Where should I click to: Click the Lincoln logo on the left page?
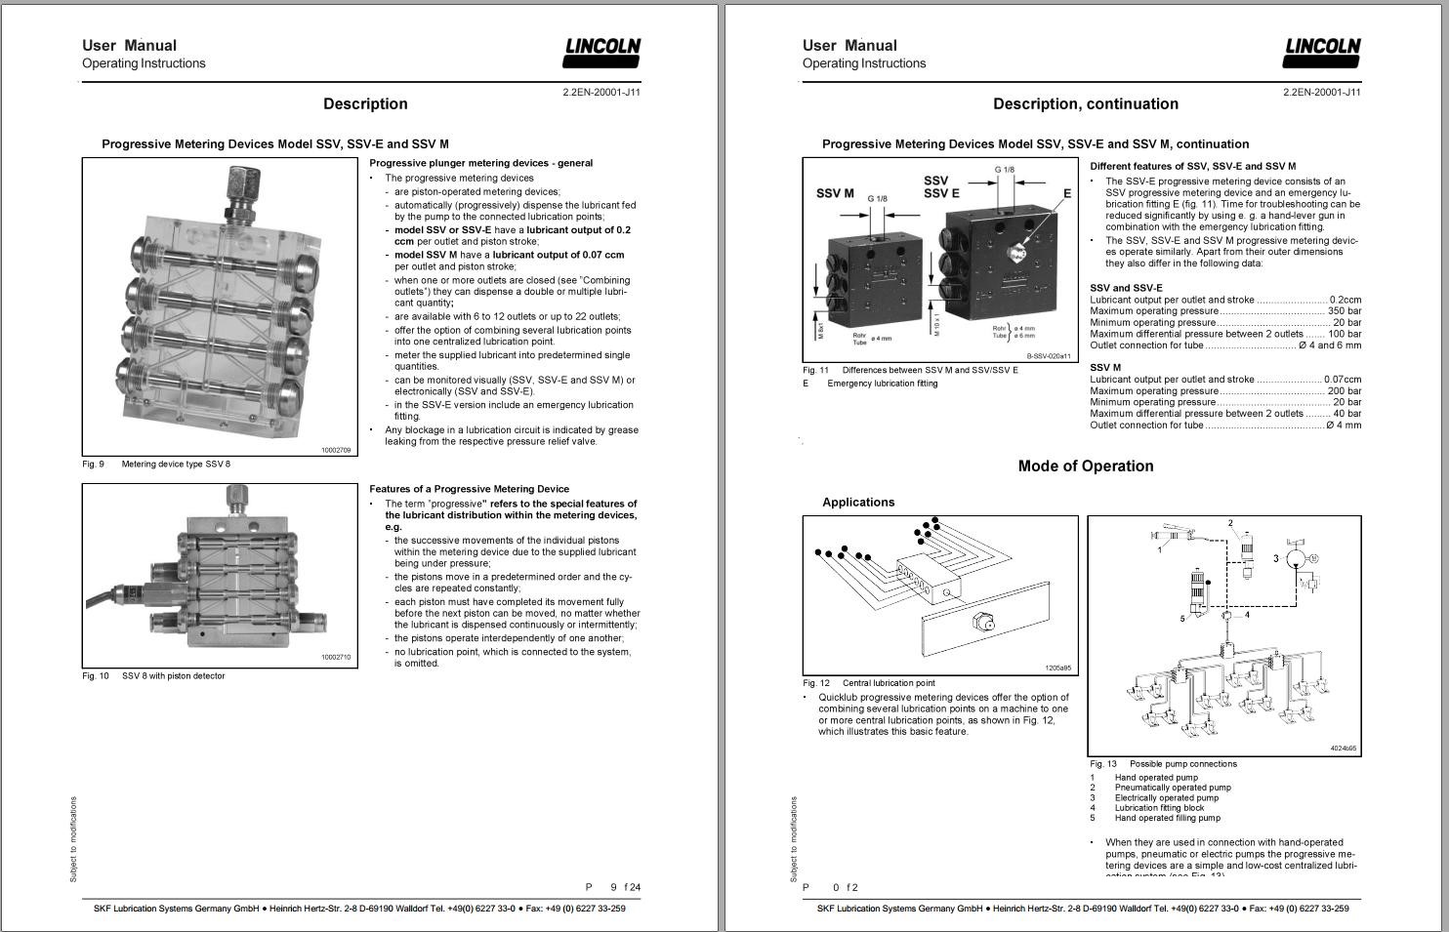(x=602, y=52)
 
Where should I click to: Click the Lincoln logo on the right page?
(x=1323, y=52)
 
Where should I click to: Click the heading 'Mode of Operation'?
(x=1086, y=466)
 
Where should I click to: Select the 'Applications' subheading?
(x=858, y=503)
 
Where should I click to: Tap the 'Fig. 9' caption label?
(x=93, y=465)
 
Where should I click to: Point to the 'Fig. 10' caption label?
(x=96, y=676)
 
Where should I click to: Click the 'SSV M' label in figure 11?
(x=835, y=193)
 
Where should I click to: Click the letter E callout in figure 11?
(x=1067, y=193)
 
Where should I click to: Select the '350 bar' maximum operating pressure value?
(x=1344, y=311)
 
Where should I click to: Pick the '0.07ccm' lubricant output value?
(x=1342, y=380)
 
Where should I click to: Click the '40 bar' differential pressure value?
(x=1346, y=414)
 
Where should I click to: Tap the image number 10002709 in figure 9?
(x=335, y=450)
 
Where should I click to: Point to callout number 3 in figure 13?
(x=1275, y=558)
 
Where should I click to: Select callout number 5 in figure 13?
(x=1182, y=618)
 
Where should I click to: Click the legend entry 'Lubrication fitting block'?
(x=1159, y=808)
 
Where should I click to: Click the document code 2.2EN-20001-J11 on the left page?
(x=600, y=93)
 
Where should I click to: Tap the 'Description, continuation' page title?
(x=1085, y=104)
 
